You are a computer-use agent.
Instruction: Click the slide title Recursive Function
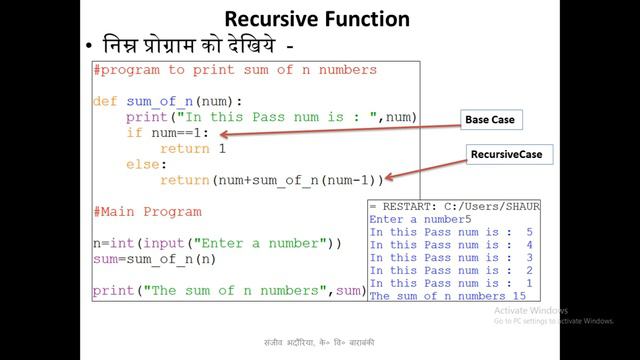316,18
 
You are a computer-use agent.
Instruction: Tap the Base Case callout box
489,120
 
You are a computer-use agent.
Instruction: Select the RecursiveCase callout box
499,155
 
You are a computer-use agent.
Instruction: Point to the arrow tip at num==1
221,134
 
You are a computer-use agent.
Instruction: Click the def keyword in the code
105,101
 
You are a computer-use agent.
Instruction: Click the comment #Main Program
147,212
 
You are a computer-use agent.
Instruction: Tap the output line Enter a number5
419,219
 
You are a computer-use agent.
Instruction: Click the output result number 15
518,296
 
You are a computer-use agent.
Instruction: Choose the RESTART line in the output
447,206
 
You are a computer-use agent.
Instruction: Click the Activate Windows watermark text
530,310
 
